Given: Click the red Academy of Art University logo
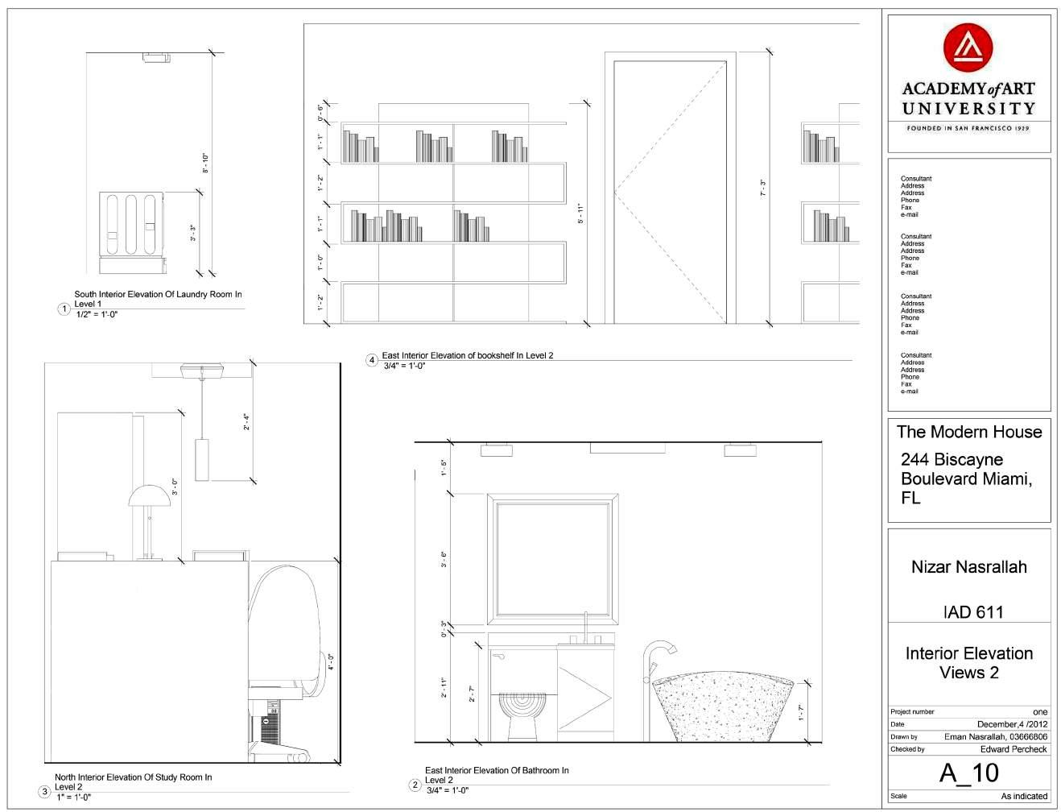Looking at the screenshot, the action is tap(968, 48).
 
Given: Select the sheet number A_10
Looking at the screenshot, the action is tap(968, 773).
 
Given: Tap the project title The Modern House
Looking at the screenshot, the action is tap(969, 432).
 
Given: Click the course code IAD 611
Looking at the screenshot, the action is tap(972, 612).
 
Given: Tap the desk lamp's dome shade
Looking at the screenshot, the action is tap(149, 495).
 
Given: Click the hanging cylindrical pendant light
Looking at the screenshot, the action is tap(201, 459).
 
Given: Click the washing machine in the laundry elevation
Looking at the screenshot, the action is tap(131, 223).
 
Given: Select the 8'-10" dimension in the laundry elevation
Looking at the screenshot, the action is tap(205, 163).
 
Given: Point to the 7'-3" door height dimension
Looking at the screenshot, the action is tap(762, 187).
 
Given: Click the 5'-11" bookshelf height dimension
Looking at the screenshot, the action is tap(580, 213).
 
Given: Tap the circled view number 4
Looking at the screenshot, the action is tap(372, 360).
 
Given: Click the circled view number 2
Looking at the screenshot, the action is tap(415, 785).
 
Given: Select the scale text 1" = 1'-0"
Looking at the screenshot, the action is tap(74, 797).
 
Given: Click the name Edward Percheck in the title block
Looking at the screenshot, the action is tap(1014, 749).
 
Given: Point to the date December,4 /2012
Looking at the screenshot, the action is tap(1012, 724).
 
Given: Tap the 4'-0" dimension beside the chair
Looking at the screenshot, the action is tap(330, 661).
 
